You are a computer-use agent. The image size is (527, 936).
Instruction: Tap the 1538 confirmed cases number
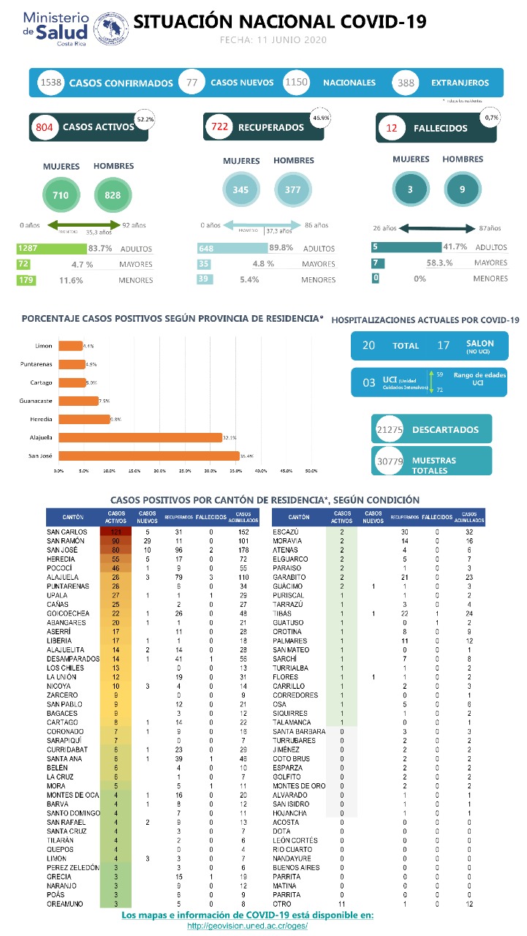click(x=51, y=83)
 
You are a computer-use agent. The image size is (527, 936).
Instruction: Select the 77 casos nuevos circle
click(x=192, y=83)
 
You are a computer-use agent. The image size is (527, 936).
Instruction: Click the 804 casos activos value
click(x=44, y=127)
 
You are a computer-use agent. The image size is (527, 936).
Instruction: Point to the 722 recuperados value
click(x=219, y=127)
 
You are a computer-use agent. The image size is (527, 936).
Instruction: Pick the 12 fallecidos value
click(x=392, y=128)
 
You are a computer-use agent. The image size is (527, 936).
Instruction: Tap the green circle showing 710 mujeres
click(x=61, y=195)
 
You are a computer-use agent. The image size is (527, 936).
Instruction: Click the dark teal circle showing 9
click(x=461, y=190)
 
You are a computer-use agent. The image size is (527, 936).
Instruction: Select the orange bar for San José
click(x=149, y=456)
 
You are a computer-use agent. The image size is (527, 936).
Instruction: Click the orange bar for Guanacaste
click(x=78, y=401)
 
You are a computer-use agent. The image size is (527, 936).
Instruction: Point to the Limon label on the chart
click(x=43, y=345)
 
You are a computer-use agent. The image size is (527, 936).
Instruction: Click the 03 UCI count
click(x=369, y=382)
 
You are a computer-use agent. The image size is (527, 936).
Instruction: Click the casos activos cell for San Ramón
click(x=115, y=541)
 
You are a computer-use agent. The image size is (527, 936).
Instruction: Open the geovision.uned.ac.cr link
click(x=247, y=925)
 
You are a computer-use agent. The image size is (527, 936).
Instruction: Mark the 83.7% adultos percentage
click(x=99, y=249)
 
